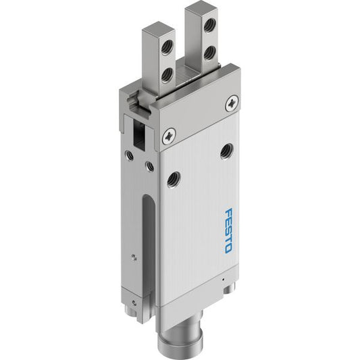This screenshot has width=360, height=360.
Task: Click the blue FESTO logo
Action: coord(229,231)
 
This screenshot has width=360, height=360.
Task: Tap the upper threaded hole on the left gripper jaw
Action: coord(167,48)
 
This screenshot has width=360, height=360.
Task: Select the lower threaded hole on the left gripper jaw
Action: coord(167,76)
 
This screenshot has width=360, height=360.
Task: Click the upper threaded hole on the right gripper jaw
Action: coord(210,25)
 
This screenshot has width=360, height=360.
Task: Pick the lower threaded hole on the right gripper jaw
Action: coord(209,53)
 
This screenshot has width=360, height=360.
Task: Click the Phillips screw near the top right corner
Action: coord(232,103)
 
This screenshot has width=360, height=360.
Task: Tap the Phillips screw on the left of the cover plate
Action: coord(169,136)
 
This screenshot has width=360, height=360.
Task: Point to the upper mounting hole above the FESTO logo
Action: coord(227,151)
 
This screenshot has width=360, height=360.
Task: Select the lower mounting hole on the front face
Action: coord(174,179)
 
